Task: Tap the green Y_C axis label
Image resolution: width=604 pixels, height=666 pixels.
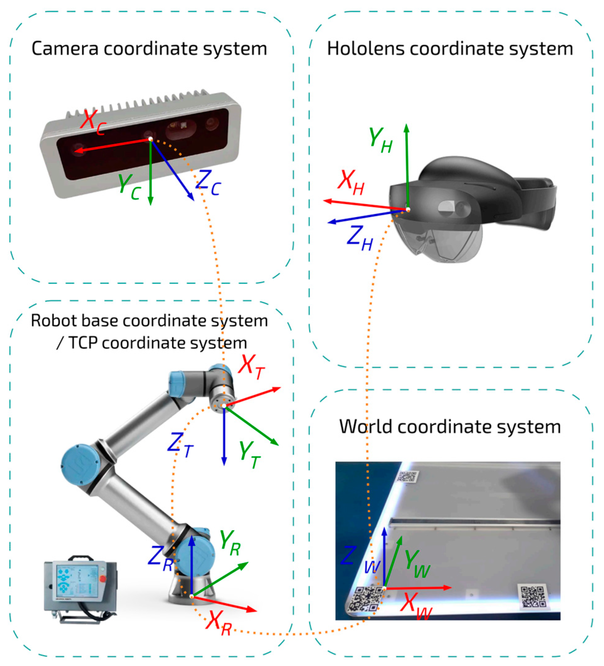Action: point(129,187)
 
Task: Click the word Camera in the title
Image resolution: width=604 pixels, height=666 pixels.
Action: point(65,49)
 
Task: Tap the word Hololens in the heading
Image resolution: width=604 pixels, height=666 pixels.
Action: point(366,49)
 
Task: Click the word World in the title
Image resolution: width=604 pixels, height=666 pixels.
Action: point(367,427)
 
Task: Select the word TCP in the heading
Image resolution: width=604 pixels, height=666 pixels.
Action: point(83,343)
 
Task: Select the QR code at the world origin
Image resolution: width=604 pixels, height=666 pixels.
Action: point(365,600)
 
